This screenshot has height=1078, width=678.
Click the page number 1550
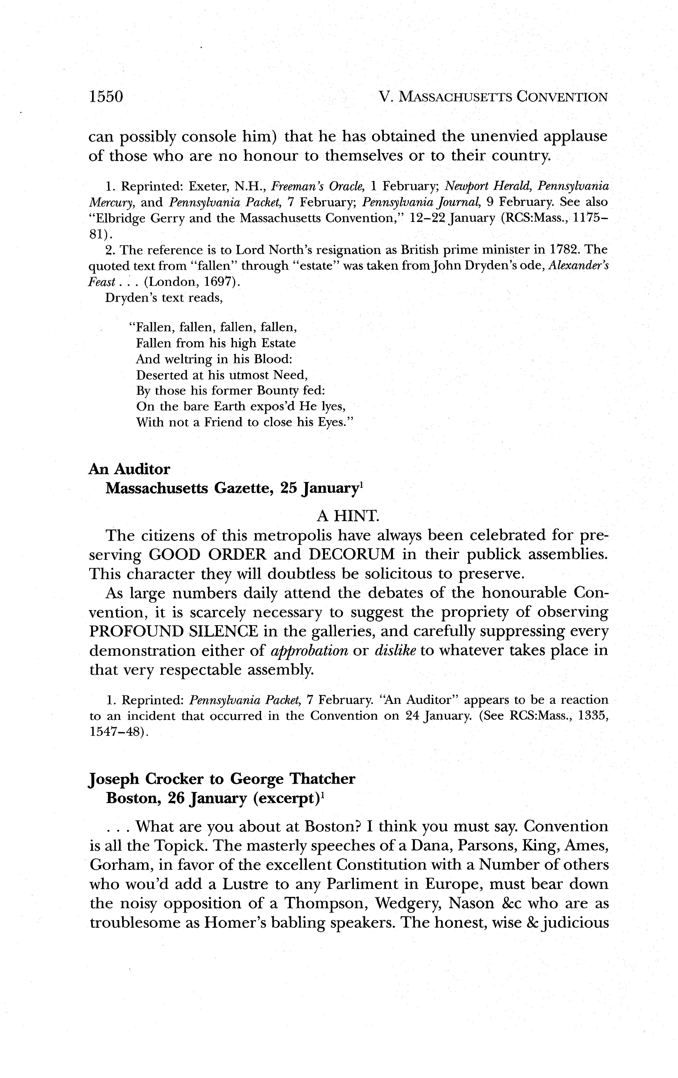click(x=106, y=97)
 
